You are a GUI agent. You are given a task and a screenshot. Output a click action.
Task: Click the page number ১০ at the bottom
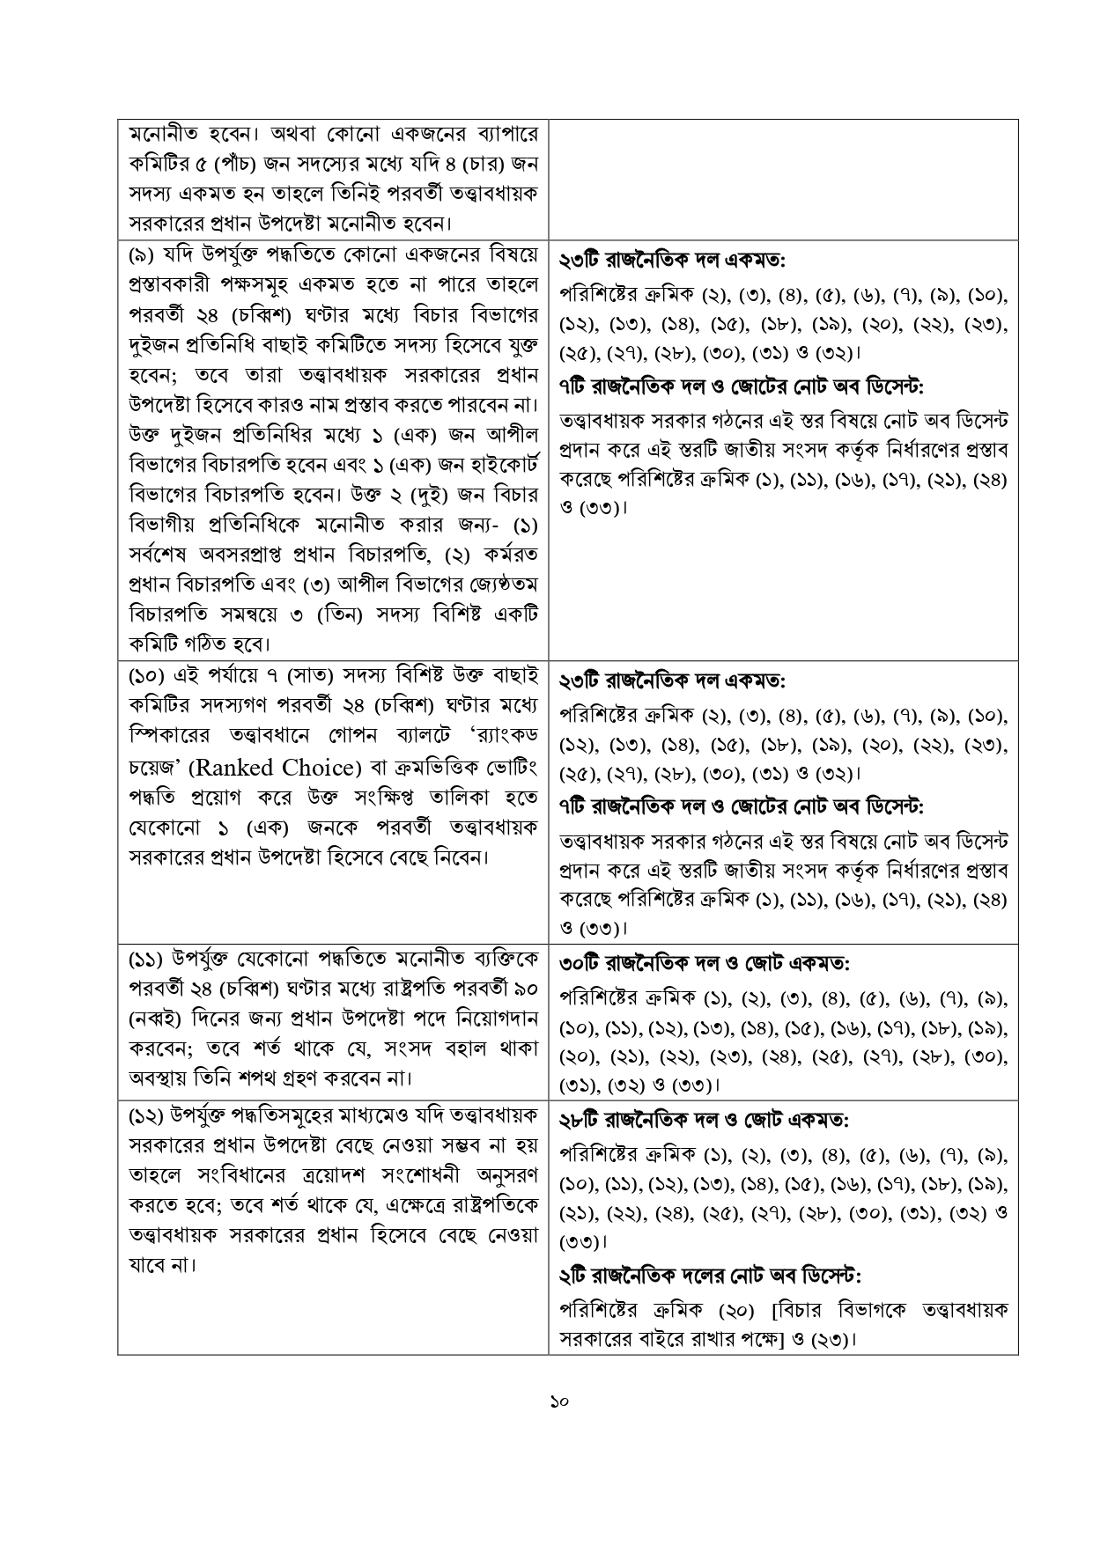(x=557, y=1402)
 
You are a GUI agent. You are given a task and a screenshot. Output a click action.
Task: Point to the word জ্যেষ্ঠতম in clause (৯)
(x=500, y=584)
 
